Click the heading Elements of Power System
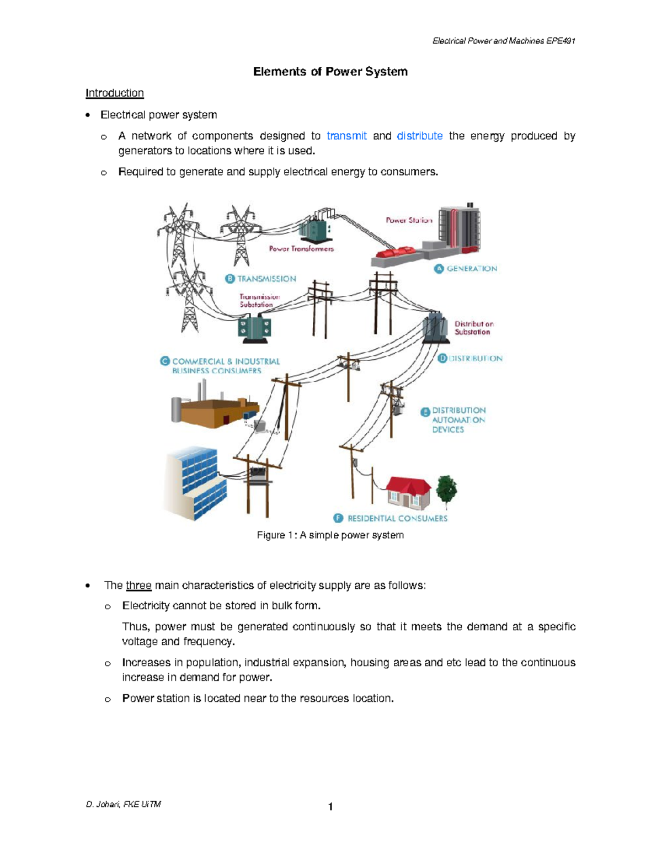[x=330, y=72]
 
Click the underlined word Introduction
[x=114, y=93]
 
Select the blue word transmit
[x=346, y=136]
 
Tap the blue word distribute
[x=419, y=136]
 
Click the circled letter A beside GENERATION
[x=439, y=269]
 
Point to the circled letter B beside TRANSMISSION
[x=230, y=279]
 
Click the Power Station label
[x=409, y=220]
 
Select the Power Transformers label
[x=301, y=249]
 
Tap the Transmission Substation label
[x=259, y=301]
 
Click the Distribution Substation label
[x=473, y=328]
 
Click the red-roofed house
[x=408, y=492]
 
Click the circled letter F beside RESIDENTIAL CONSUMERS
[x=339, y=518]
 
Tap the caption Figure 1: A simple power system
[x=330, y=535]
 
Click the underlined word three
[x=138, y=585]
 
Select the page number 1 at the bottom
[x=330, y=807]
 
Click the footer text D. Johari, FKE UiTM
[x=123, y=804]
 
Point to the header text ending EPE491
[x=504, y=41]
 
